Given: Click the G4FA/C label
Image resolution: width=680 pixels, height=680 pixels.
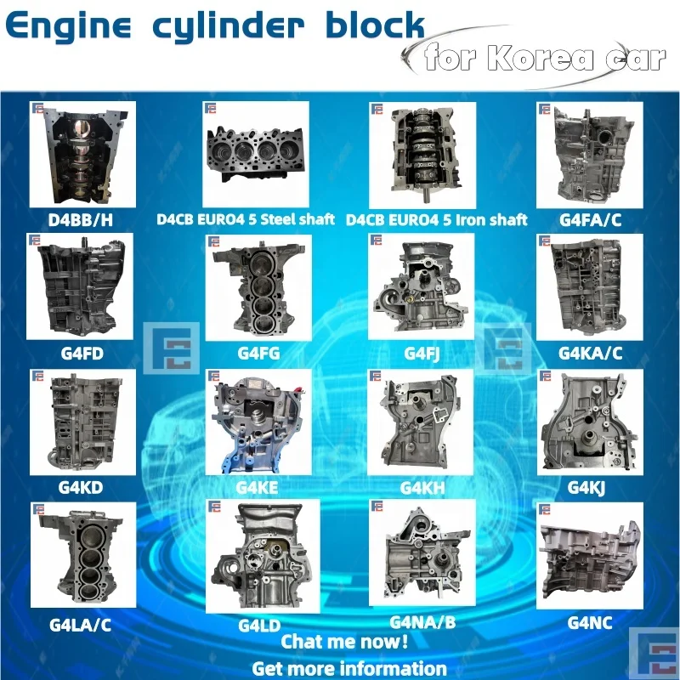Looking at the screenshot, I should pos(591,219).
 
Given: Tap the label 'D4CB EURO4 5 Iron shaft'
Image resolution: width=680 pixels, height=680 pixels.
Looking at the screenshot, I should pos(437,219).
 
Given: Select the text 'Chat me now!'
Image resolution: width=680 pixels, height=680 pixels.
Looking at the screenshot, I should pos(344,642).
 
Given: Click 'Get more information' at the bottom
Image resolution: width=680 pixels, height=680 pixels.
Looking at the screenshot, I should pos(348,667).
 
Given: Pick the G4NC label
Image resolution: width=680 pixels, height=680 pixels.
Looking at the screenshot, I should pos(590,622).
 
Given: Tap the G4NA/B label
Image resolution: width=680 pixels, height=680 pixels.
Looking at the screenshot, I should pos(422,622).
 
